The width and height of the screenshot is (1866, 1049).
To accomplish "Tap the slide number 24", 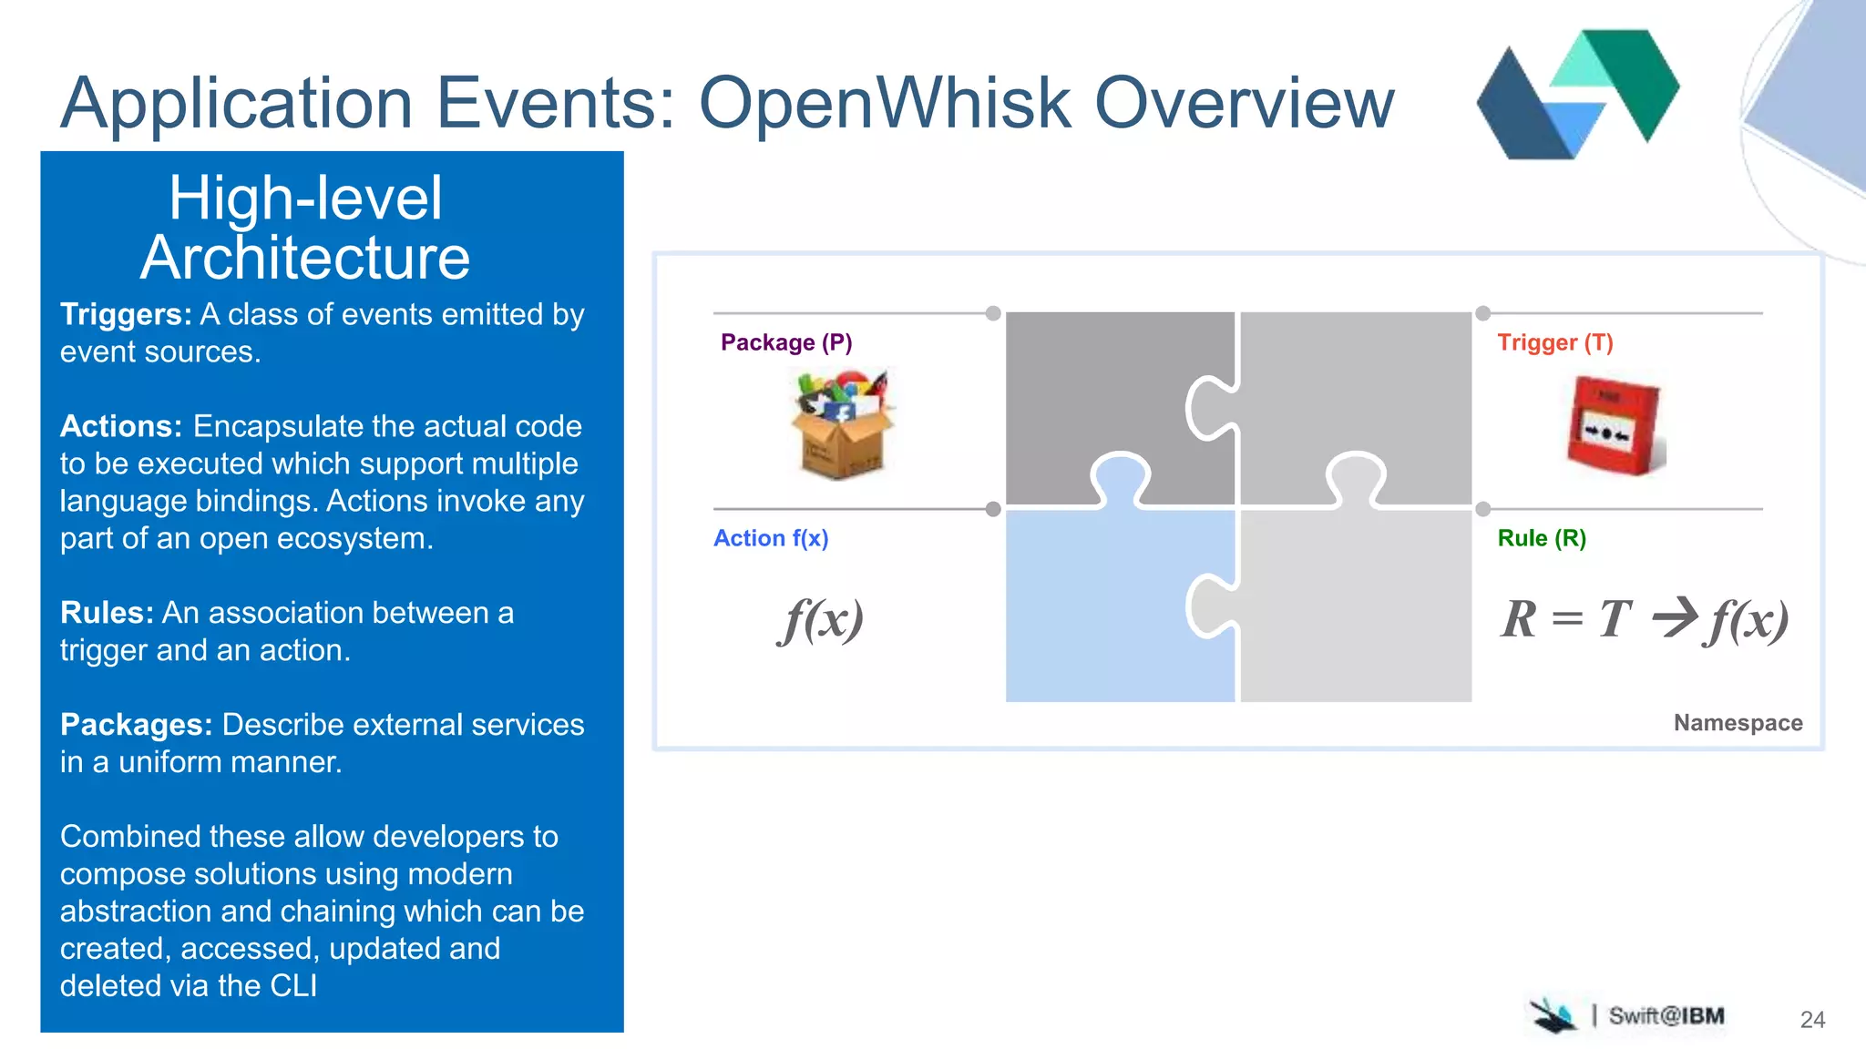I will tap(1812, 1020).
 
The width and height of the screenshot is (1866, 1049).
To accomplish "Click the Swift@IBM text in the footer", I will tap(1666, 1016).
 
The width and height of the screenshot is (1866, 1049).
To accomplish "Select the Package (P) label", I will tap(786, 342).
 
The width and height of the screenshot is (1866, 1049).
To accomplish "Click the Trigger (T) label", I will tap(1554, 342).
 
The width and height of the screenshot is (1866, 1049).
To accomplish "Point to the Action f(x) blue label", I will tap(771, 538).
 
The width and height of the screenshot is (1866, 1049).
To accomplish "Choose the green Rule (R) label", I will tap(1542, 538).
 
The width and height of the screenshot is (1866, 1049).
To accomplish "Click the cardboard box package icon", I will tap(843, 424).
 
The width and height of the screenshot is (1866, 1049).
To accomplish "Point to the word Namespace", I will tap(1738, 723).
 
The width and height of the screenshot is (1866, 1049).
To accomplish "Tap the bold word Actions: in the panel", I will tap(121, 426).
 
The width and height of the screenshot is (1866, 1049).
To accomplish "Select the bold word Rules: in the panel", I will tap(107, 613).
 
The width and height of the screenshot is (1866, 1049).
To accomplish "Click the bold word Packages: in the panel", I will tap(136, 725).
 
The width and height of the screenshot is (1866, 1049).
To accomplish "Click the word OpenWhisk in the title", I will tap(884, 103).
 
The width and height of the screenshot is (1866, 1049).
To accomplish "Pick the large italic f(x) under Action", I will tap(821, 620).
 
